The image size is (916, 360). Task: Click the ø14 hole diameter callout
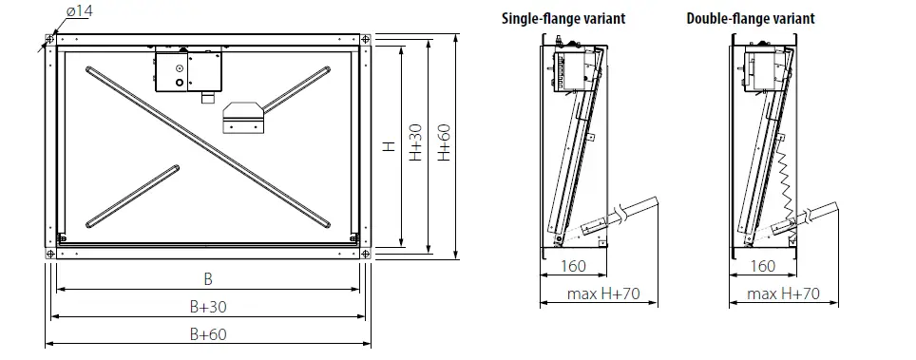[x=80, y=11]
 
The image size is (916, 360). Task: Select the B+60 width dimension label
[x=208, y=334]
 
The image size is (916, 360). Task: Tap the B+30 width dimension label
[x=208, y=307]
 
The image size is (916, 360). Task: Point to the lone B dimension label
[x=208, y=279]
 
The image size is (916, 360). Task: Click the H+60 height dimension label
[x=445, y=142]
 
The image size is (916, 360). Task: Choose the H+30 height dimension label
[x=415, y=142]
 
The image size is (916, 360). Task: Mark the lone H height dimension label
[x=389, y=146]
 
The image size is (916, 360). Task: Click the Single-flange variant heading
[x=563, y=19]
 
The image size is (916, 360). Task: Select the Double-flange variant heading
[x=750, y=19]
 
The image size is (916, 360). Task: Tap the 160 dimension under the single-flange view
[x=573, y=267]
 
